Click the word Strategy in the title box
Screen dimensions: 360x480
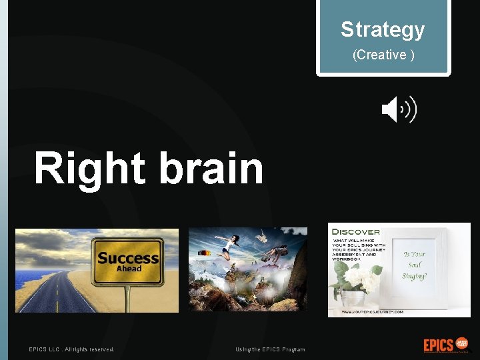coord(383,29)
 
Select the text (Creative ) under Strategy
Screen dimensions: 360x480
coord(383,55)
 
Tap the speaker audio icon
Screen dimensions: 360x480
coord(399,109)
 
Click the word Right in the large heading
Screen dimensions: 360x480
coord(89,168)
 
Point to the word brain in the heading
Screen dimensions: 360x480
coord(212,168)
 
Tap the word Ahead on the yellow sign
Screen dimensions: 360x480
coord(129,268)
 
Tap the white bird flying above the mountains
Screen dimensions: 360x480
coord(262,236)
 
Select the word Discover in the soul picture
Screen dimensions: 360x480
coord(355,232)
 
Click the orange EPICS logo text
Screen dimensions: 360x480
coord(438,345)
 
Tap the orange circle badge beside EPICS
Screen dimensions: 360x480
coord(461,344)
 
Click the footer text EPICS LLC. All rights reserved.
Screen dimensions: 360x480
coord(71,349)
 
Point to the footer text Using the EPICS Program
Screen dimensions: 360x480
coord(270,349)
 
